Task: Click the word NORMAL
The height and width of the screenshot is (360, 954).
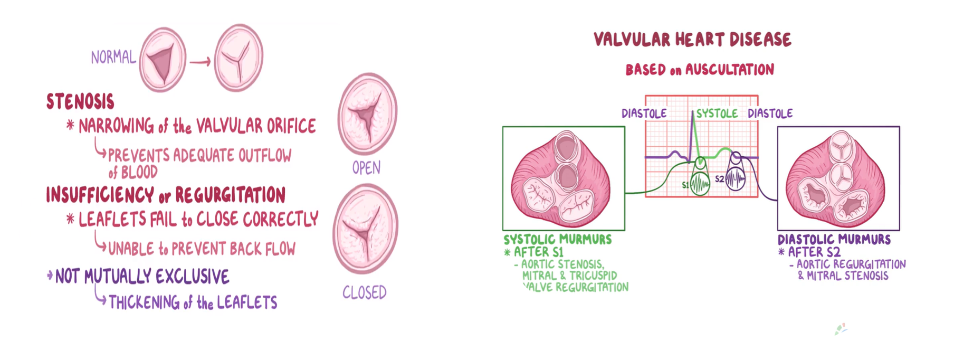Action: pyautogui.click(x=113, y=57)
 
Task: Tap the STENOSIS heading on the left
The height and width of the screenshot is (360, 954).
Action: pyautogui.click(x=80, y=101)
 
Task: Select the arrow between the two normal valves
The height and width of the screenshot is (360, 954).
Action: pyautogui.click(x=200, y=62)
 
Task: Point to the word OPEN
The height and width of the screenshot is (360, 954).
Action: pyautogui.click(x=366, y=168)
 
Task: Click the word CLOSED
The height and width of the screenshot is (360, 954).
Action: pyautogui.click(x=364, y=292)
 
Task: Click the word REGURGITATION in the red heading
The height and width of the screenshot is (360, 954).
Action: pyautogui.click(x=230, y=195)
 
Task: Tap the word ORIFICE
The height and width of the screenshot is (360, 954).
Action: pyautogui.click(x=291, y=126)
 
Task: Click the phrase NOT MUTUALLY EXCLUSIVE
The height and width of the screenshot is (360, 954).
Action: pyautogui.click(x=142, y=276)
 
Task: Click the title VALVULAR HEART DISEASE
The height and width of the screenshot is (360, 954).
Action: pyautogui.click(x=692, y=40)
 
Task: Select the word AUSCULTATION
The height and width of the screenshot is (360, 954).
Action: pyautogui.click(x=729, y=70)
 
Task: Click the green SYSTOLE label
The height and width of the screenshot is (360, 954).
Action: pyautogui.click(x=717, y=113)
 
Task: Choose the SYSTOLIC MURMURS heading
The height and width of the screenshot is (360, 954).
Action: pyautogui.click(x=558, y=239)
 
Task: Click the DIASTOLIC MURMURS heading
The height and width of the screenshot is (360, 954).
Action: pyautogui.click(x=834, y=240)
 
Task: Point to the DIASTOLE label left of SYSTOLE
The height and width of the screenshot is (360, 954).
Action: pyautogui.click(x=644, y=113)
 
